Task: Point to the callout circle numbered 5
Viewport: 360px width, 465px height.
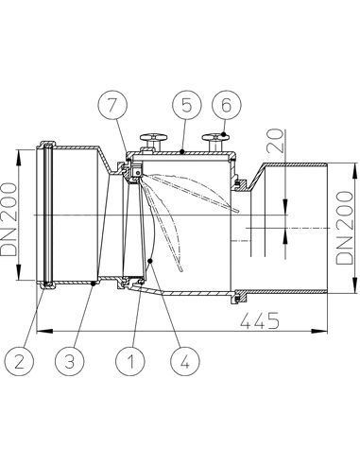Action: coord(183,103)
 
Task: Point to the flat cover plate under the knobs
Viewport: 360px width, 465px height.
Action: coord(184,152)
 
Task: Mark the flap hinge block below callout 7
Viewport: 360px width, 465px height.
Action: coord(135,172)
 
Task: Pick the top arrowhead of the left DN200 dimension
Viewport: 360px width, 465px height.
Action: coord(19,150)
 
